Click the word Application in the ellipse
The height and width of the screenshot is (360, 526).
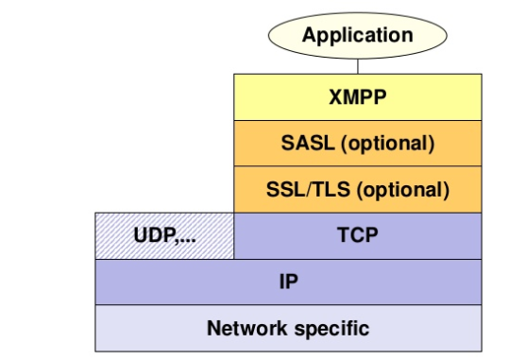point(357,36)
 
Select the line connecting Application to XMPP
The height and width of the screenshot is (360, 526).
point(358,65)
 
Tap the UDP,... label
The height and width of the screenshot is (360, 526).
point(163,235)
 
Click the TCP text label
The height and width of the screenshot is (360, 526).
point(357,235)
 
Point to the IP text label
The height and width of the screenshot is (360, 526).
point(288,282)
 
